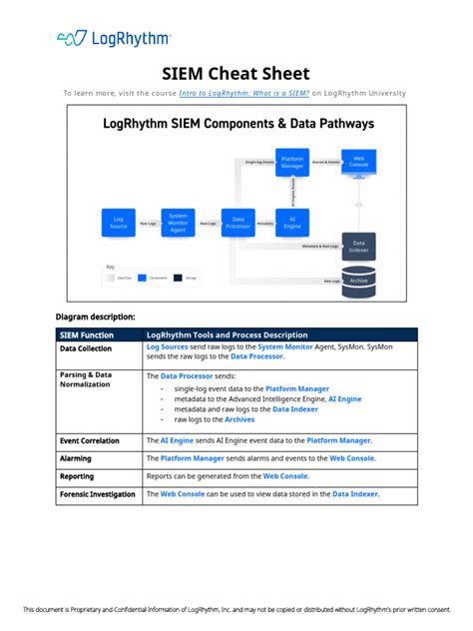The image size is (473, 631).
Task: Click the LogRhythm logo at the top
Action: point(113,38)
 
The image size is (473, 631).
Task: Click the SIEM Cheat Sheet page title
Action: point(236,74)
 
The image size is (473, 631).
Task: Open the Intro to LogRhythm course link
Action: point(243,93)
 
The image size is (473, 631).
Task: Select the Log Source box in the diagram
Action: point(119,223)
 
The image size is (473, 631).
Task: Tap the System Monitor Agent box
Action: point(178,223)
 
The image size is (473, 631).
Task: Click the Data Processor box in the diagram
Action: point(237,223)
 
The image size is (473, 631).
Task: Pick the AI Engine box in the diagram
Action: point(292,223)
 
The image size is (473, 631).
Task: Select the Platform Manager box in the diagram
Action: point(292,163)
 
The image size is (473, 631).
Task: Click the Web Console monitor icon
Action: point(360,163)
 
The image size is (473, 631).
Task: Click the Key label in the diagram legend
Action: point(111,267)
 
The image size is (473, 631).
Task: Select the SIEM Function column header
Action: point(86,334)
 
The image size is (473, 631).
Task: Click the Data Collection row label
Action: point(86,349)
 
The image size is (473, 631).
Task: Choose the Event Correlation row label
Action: point(90,440)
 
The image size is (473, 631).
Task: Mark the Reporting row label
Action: point(77,476)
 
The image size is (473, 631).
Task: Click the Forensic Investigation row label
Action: point(97,494)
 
